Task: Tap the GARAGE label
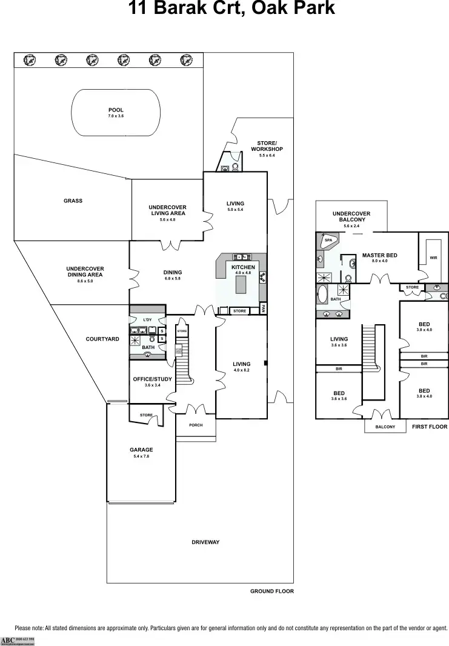coord(141,450)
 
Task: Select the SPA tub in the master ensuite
coord(328,240)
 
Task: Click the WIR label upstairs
coord(433,258)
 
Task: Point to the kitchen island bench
coord(242,284)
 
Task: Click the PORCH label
coord(195,425)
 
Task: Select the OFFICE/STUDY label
coord(152,379)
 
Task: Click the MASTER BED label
coord(379,255)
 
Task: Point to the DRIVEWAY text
coord(205,542)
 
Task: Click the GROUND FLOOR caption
coord(271,591)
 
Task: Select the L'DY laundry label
coord(147,319)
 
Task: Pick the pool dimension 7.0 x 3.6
coord(116,116)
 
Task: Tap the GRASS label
coord(73,201)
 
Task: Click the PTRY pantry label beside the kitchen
coord(263,308)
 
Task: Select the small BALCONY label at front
coord(385,427)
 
